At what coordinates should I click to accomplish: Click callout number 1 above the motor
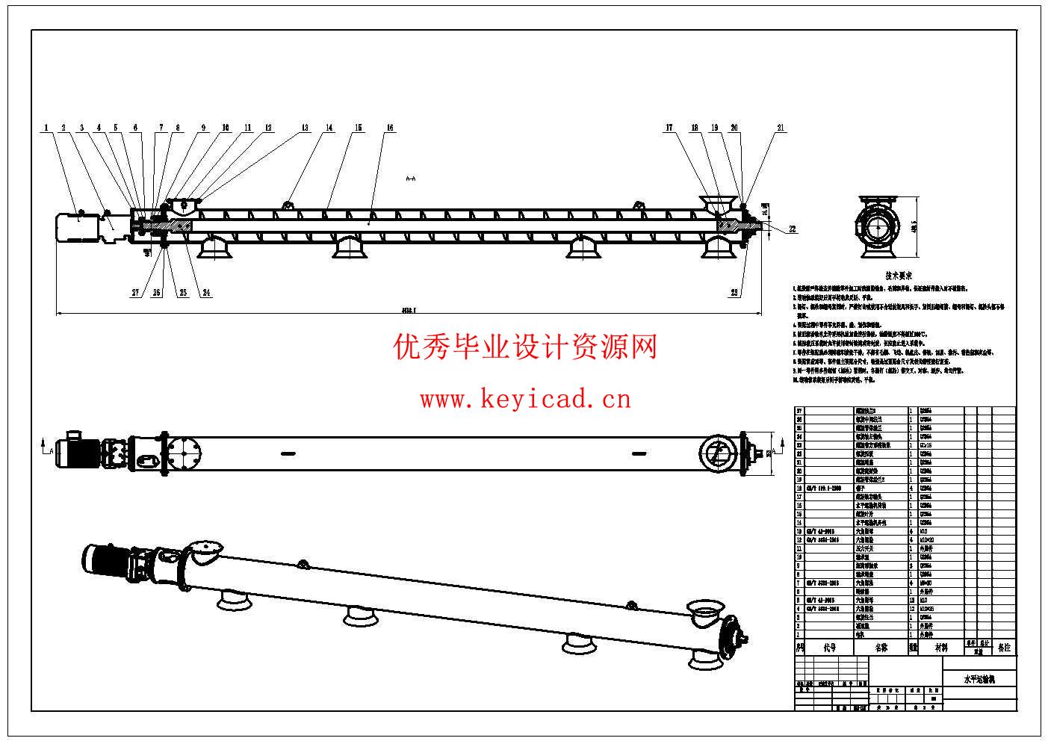[46, 128]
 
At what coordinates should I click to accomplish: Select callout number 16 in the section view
[390, 128]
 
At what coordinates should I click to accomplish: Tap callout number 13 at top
[305, 128]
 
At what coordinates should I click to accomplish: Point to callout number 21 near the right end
[781, 128]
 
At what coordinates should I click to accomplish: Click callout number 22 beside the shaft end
[793, 229]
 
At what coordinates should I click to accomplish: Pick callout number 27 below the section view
[135, 294]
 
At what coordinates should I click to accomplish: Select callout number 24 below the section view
[204, 294]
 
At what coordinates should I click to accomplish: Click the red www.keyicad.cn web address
[525, 400]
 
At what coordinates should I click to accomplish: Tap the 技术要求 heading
[898, 276]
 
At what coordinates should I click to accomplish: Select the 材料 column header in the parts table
[940, 648]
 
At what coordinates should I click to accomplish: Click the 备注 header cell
[1004, 648]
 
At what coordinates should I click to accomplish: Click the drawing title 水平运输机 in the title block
[979, 680]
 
